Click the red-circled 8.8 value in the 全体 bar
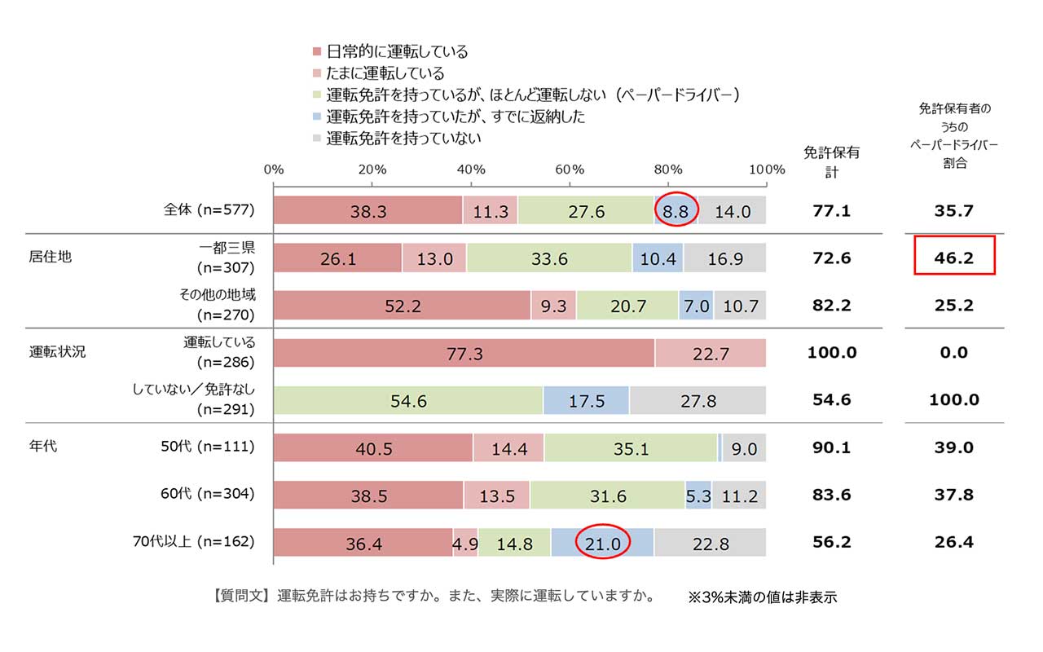pos(676,211)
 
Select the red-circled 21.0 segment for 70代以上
pos(602,543)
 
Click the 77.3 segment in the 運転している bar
pos(464,354)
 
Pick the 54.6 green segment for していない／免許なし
pos(409,400)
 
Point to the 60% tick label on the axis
pos(570,170)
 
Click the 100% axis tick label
pos(766,170)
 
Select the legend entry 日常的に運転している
pos(397,52)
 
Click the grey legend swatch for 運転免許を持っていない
pos(316,139)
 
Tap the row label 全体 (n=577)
pos(209,209)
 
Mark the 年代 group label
pos(43,447)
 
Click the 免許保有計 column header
pos(831,161)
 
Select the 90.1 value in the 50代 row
pos(831,447)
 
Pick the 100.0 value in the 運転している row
pos(831,353)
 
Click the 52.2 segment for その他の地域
pos(402,306)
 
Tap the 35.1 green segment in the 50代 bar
pos(631,448)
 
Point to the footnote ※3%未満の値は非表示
pos(762,597)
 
